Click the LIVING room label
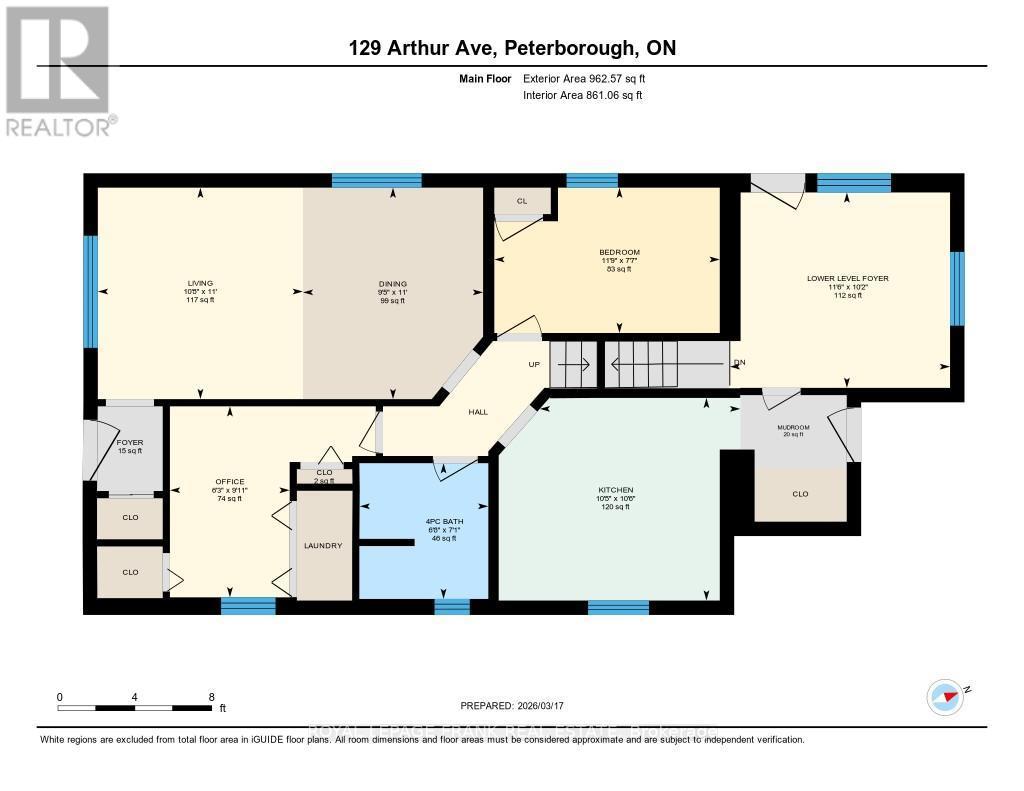point(199,283)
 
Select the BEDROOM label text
point(619,252)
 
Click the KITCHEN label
point(615,490)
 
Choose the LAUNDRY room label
point(324,545)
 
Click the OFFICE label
point(229,481)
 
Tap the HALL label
point(479,412)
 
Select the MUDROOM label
point(793,427)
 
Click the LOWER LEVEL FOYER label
point(847,279)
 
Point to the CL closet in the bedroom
point(521,201)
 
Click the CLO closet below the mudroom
point(800,494)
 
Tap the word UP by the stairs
point(534,364)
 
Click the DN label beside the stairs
point(739,362)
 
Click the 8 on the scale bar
point(211,697)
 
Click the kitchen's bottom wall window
point(617,607)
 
